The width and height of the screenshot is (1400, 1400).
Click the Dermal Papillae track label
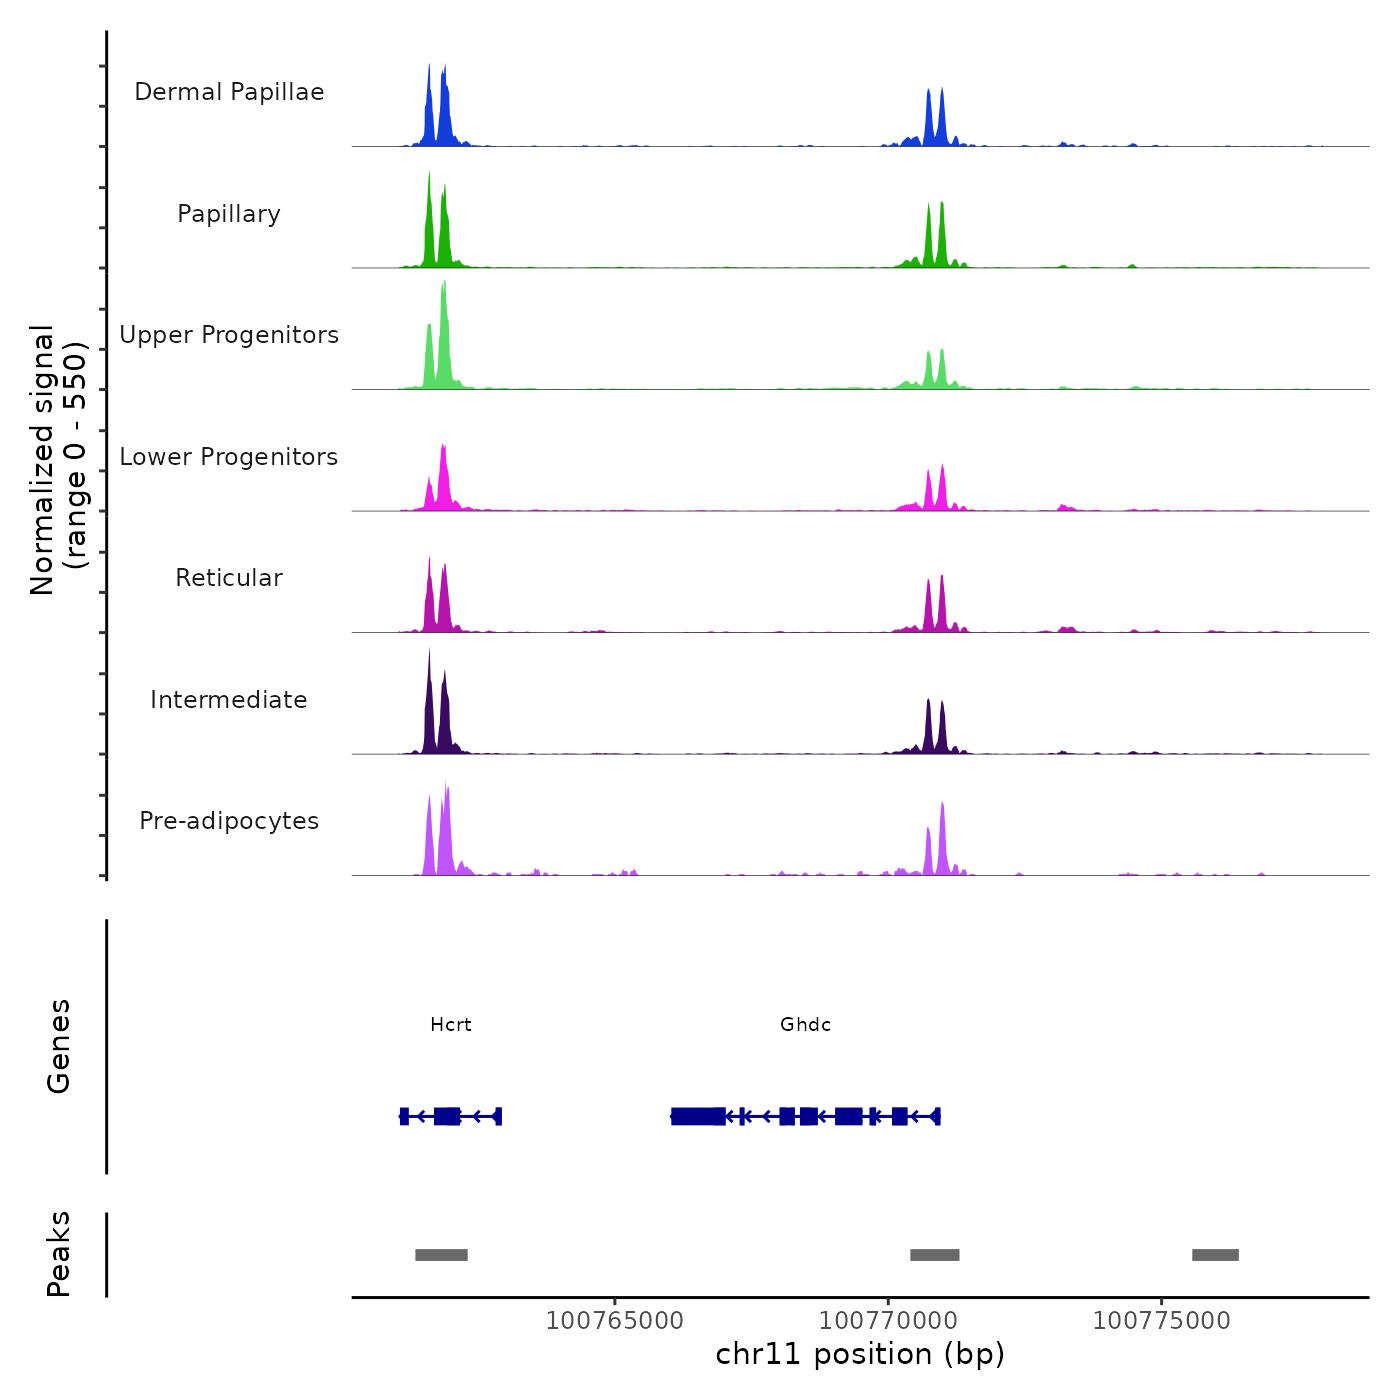click(229, 92)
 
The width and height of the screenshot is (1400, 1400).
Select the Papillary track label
click(229, 214)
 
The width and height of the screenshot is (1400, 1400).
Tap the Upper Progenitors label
click(229, 335)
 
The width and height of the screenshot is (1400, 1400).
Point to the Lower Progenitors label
click(229, 457)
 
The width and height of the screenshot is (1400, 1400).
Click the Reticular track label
click(229, 578)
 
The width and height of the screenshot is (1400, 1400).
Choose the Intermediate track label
click(229, 700)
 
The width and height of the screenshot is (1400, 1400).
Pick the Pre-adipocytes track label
click(229, 821)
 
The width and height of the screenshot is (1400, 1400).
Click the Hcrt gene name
click(450, 1025)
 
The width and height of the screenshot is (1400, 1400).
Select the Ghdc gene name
click(805, 1025)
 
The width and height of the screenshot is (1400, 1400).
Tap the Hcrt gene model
click(450, 1116)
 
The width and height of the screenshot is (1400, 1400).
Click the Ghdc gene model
click(805, 1116)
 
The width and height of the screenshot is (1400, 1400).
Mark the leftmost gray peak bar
click(441, 1255)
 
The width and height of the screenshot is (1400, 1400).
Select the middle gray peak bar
click(935, 1255)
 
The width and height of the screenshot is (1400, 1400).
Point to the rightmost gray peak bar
click(1215, 1255)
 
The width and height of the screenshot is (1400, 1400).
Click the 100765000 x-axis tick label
click(615, 1320)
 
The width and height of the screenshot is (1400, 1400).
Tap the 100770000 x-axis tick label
click(888, 1320)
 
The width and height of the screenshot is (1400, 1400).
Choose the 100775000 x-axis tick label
click(1162, 1320)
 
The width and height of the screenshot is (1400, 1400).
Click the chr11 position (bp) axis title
click(860, 1355)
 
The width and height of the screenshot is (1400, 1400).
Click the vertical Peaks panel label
click(59, 1254)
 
